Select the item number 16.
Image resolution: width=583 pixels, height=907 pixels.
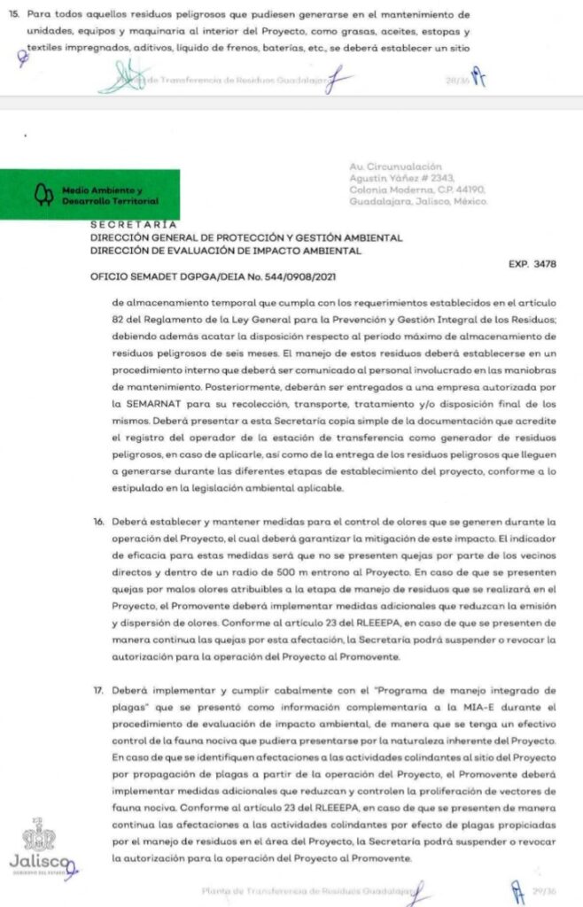tap(99, 523)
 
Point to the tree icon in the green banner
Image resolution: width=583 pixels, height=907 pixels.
tap(39, 195)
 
